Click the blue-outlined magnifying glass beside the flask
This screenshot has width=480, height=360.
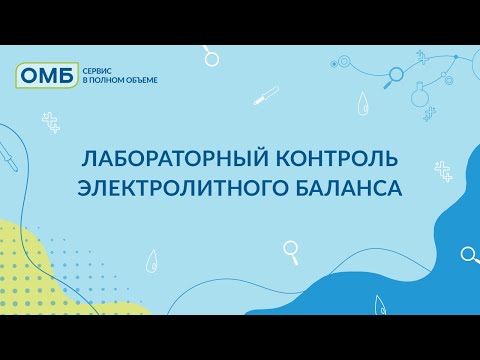(x=394, y=73)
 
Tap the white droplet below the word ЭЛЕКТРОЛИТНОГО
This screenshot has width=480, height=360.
(x=152, y=261)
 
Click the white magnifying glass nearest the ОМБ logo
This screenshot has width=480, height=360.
(x=211, y=56)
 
